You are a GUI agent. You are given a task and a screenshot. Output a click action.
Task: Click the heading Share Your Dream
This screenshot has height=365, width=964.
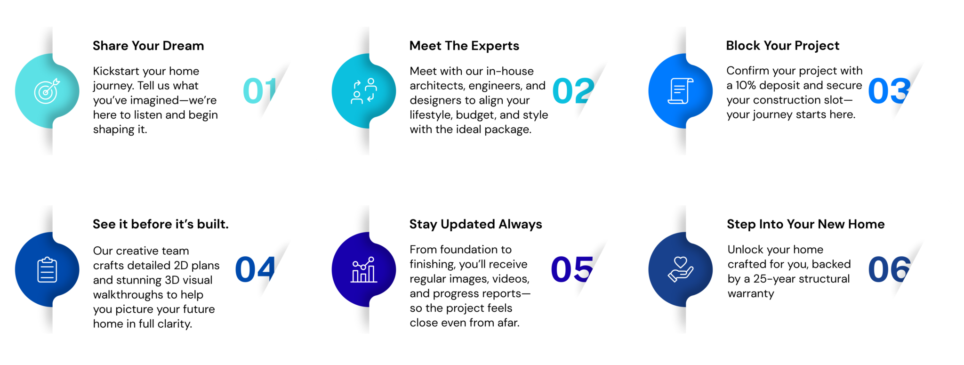pyautogui.click(x=148, y=46)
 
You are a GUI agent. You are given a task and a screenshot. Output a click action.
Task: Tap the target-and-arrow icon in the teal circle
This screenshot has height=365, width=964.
pyautogui.click(x=47, y=90)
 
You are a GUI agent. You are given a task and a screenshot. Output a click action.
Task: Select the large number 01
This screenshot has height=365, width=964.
pyautogui.click(x=259, y=90)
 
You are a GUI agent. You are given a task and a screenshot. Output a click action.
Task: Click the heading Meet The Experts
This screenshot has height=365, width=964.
pyautogui.click(x=464, y=46)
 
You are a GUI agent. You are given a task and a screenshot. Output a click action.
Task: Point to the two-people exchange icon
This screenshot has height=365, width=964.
pyautogui.click(x=364, y=91)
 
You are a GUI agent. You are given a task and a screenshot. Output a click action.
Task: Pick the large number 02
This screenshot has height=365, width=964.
pyautogui.click(x=573, y=91)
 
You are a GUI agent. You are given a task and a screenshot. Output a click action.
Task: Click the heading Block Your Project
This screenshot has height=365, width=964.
pyautogui.click(x=782, y=46)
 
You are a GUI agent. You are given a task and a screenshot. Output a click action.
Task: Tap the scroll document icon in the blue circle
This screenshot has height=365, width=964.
pyautogui.click(x=681, y=91)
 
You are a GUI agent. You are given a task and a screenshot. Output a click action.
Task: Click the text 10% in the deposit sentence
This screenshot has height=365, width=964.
pyautogui.click(x=746, y=85)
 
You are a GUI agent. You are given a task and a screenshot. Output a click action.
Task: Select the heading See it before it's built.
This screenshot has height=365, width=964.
pyautogui.click(x=161, y=224)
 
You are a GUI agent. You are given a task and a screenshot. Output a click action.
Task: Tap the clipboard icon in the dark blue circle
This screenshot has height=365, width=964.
pyautogui.click(x=47, y=269)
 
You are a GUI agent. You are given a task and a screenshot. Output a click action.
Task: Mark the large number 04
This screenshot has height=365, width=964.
pyautogui.click(x=255, y=269)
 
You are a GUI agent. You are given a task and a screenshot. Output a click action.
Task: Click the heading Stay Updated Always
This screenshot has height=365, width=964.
pyautogui.click(x=475, y=224)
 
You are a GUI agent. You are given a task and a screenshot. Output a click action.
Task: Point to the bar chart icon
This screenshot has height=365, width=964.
pyautogui.click(x=364, y=269)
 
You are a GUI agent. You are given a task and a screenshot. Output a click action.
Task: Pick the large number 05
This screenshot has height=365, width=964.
pyautogui.click(x=572, y=269)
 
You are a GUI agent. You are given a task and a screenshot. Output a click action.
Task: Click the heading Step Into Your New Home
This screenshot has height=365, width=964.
pyautogui.click(x=805, y=224)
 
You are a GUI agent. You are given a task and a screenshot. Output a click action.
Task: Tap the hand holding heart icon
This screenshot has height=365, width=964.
pyautogui.click(x=681, y=269)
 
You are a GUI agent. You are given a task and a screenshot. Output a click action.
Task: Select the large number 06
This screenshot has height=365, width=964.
pyautogui.click(x=890, y=269)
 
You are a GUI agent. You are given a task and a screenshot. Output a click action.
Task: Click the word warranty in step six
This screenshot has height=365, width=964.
pyautogui.click(x=751, y=294)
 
